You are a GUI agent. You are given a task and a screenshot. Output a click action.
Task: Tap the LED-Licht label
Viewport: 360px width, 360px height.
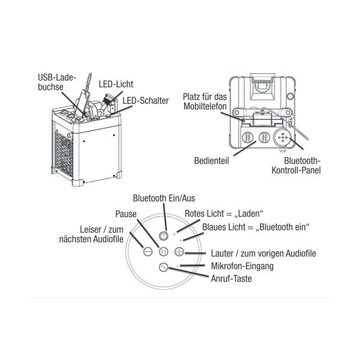[116, 84]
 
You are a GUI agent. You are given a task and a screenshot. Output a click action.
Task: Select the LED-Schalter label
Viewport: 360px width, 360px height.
[146, 100]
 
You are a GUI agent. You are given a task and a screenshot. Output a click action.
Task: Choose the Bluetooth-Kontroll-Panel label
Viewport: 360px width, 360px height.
[302, 166]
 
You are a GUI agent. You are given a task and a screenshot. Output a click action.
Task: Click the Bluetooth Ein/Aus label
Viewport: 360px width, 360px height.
[164, 198]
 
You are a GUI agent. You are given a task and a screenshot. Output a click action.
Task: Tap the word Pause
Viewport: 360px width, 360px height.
[127, 213]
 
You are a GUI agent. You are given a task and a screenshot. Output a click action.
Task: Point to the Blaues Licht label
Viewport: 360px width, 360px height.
[256, 227]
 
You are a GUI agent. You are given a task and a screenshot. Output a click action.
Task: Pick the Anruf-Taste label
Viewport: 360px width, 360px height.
[231, 278]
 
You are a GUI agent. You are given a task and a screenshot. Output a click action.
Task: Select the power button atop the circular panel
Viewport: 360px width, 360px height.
[164, 236]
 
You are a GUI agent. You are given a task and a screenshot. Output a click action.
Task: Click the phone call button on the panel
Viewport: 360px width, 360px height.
[163, 268]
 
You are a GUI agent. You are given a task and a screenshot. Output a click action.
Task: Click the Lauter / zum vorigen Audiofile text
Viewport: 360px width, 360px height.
[263, 253]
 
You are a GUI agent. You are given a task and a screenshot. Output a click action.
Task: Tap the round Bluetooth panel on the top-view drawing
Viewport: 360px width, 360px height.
[282, 137]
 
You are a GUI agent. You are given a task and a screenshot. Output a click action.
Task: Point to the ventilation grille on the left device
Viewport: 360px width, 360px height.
[63, 153]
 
